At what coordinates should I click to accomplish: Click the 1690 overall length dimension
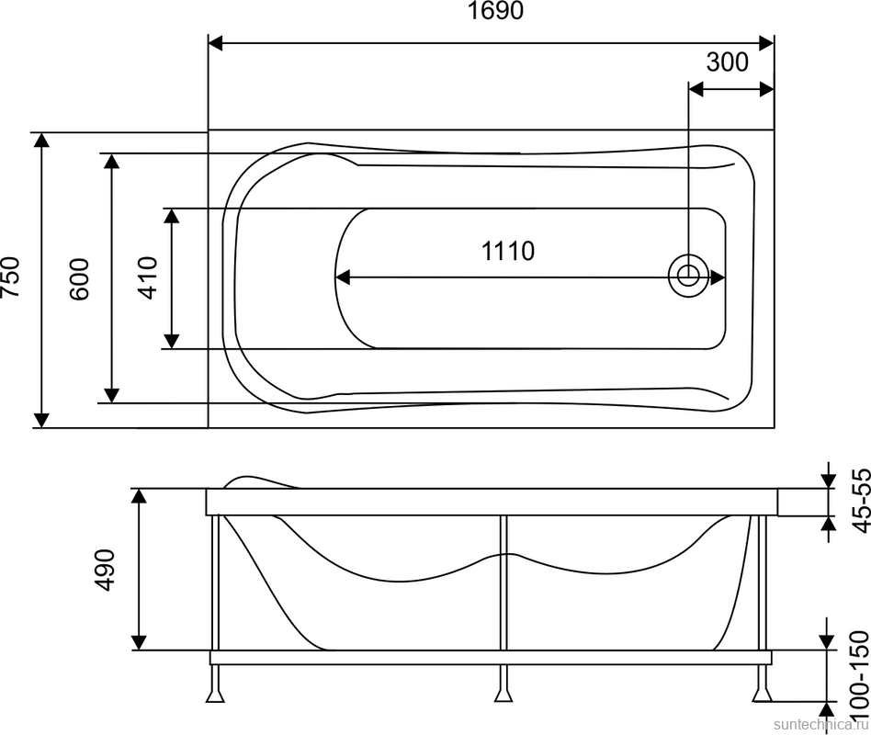pos(495,10)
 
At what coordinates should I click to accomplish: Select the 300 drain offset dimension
pos(727,62)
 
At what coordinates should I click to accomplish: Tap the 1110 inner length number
pos(508,251)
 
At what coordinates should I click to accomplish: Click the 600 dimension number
pos(79,279)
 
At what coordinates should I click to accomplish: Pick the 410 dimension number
pos(148,277)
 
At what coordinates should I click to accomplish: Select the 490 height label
pos(105,570)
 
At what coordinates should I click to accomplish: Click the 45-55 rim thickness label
pos(860,502)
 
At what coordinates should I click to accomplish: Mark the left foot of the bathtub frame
pos(215,695)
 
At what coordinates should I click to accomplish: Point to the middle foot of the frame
pos(503,695)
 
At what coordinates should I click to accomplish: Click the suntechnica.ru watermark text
pos(821,725)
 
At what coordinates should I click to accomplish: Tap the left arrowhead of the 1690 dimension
pos(216,43)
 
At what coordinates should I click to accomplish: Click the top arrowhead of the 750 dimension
pos(41,140)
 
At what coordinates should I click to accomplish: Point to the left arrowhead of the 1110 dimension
pos(344,277)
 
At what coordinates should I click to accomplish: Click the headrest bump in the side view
pos(260,481)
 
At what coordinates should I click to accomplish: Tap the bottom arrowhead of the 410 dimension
pos(172,341)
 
